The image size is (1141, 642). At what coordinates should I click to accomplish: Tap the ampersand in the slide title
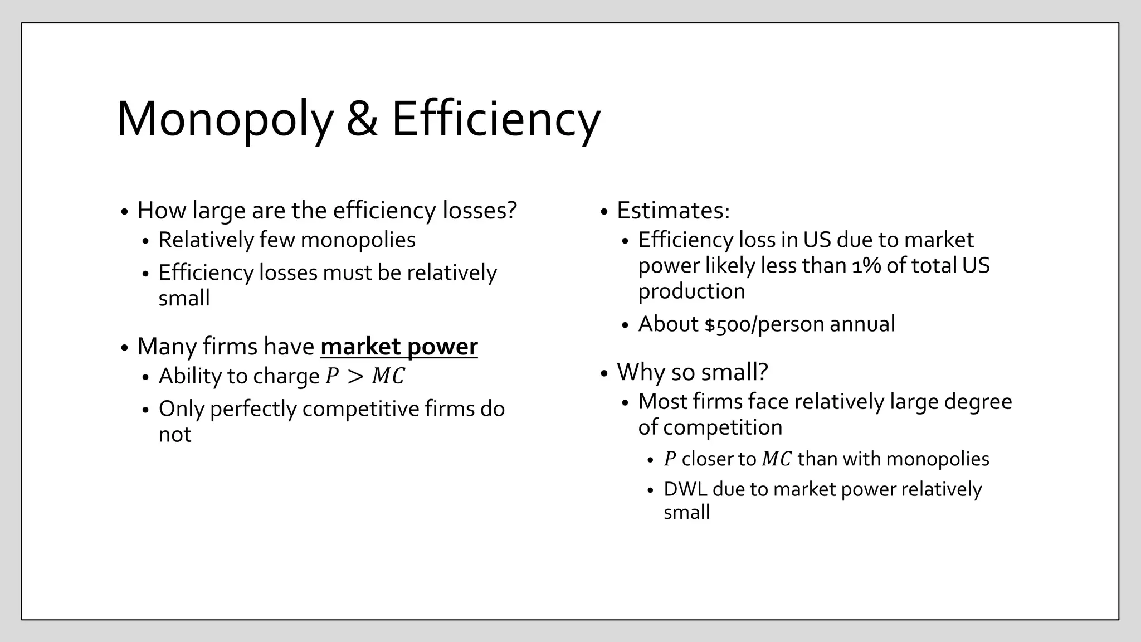tap(362, 119)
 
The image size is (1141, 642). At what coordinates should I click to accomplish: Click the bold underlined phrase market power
tap(399, 347)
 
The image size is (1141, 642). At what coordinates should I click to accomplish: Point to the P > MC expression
tap(365, 376)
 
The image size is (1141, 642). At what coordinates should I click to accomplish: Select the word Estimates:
tap(673, 211)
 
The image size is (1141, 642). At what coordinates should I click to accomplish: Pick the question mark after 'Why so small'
tap(763, 372)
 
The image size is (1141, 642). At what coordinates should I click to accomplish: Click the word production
tap(691, 291)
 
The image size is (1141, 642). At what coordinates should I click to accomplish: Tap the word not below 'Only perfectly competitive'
tap(174, 435)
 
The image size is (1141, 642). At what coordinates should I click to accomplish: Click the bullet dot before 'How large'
tap(124, 212)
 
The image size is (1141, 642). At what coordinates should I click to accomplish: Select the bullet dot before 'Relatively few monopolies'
tap(145, 241)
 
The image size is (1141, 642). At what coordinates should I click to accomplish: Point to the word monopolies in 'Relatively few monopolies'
tap(358, 240)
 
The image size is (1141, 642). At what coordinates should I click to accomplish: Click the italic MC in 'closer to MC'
tap(776, 459)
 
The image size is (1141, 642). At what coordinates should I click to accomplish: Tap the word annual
tap(862, 324)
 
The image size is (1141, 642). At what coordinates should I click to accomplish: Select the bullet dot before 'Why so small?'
tap(604, 373)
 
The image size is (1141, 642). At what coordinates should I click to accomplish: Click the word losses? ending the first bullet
tap(480, 211)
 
